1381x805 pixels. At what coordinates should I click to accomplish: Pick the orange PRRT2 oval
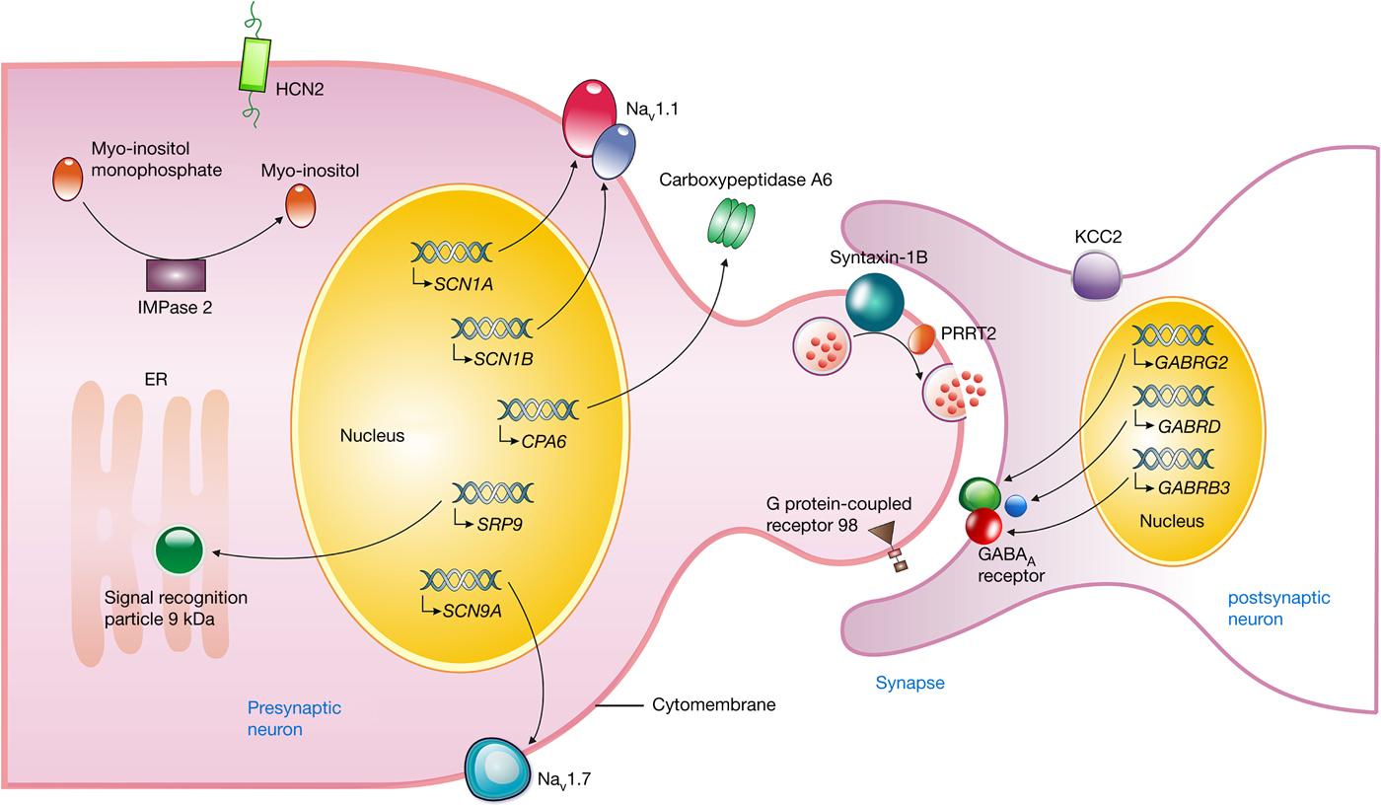[922, 339]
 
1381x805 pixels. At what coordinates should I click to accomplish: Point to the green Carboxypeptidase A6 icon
[731, 225]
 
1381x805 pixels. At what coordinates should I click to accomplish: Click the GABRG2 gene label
[1194, 363]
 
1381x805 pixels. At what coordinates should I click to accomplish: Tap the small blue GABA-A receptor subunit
[1016, 504]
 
